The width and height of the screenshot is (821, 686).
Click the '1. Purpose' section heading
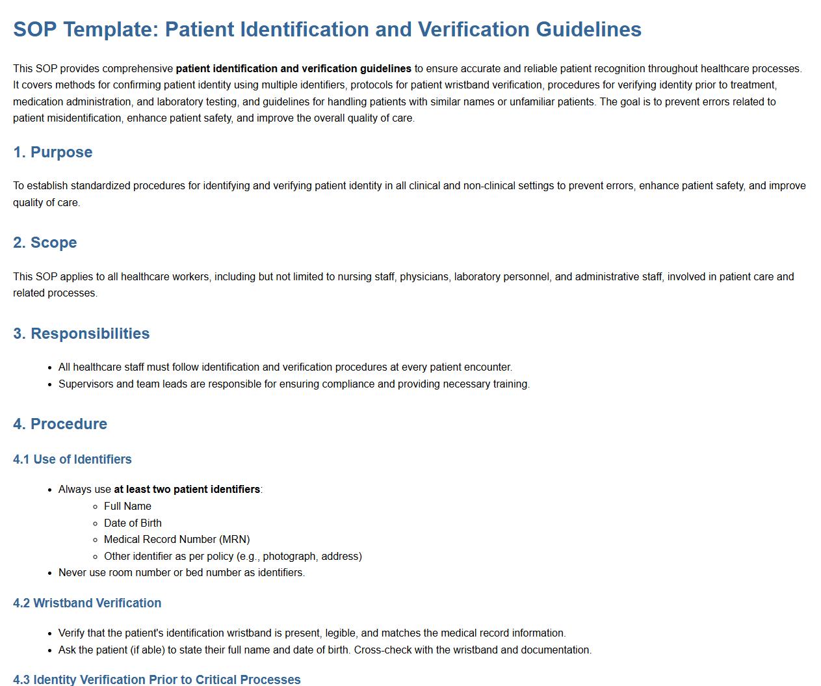53,152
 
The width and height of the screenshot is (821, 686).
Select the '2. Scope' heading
45,243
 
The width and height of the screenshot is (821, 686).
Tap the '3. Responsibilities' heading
81,334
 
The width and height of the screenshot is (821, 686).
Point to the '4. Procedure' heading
60,424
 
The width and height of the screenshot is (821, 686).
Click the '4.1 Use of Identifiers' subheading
72,459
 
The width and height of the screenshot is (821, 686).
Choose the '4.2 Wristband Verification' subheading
87,603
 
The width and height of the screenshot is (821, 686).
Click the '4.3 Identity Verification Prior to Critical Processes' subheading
157,679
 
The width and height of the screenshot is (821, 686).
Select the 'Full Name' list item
127,506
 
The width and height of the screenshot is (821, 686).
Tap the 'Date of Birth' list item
133,523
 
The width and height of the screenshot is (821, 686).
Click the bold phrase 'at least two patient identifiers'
187,489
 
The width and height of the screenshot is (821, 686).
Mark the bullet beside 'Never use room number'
50,573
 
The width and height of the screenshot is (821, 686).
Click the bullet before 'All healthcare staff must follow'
50,367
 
